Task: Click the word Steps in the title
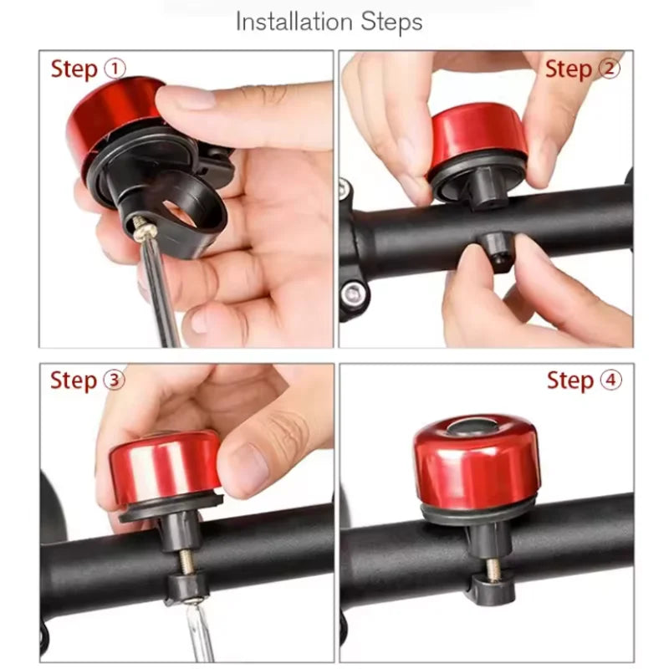click(x=391, y=22)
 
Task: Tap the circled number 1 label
click(x=114, y=69)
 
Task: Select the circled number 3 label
click(x=114, y=380)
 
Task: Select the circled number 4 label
click(x=611, y=380)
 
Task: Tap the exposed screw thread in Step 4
click(x=493, y=569)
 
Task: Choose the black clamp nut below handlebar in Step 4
click(x=493, y=590)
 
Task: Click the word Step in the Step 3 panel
click(x=74, y=380)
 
